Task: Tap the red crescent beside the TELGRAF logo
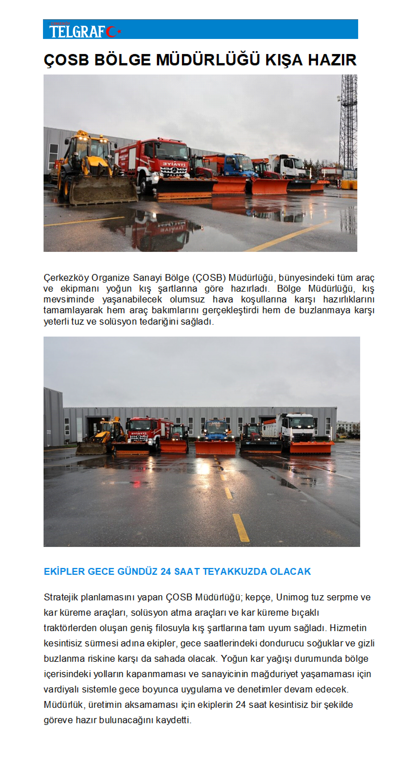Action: click(x=111, y=32)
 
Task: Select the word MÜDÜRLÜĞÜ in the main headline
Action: click(x=208, y=60)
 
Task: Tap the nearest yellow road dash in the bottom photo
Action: click(x=241, y=528)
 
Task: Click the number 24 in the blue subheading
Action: click(x=166, y=572)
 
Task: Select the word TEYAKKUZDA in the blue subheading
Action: click(x=235, y=572)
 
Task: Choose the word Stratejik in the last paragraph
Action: click(x=61, y=597)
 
